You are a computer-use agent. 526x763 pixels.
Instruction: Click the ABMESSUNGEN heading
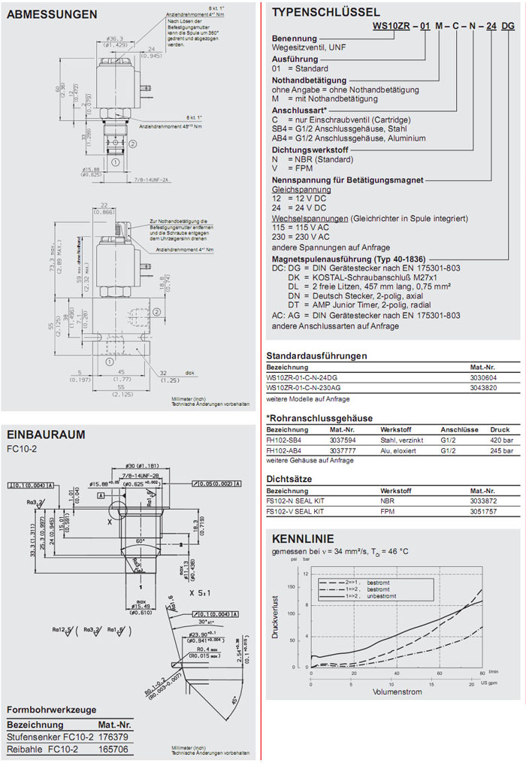(52, 14)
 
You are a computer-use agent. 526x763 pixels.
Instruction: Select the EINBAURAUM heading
(46, 434)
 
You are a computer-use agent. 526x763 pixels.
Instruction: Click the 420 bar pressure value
(502, 441)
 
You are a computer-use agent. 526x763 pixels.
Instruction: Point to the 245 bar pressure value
(502, 451)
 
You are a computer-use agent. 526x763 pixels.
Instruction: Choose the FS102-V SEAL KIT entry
(295, 511)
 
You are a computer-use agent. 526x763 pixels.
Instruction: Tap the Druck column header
(500, 430)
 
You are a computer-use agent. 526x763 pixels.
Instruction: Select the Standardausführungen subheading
(316, 356)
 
